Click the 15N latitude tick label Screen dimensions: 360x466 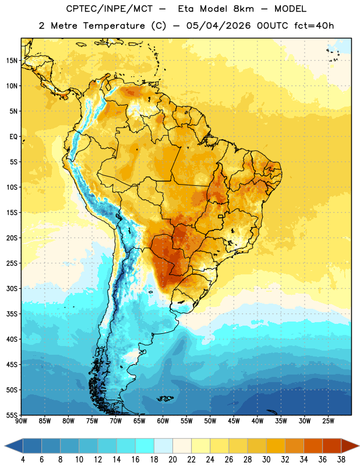click(x=12, y=61)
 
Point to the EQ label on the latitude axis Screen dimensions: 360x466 click(x=13, y=137)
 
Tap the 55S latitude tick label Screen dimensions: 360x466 click(x=12, y=415)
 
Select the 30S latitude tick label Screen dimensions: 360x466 click(x=12, y=288)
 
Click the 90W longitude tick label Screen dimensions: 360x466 click(x=21, y=421)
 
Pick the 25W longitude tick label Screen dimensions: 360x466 click(x=328, y=421)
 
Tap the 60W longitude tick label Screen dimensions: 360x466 click(x=163, y=421)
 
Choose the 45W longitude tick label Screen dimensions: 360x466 click(x=234, y=421)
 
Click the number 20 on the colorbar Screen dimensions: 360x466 click(x=172, y=460)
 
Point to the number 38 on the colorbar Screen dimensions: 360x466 click(x=341, y=460)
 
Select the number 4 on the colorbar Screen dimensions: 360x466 click(x=23, y=460)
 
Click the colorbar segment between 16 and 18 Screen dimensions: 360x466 click(x=145, y=446)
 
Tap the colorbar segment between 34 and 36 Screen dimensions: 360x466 click(x=313, y=446)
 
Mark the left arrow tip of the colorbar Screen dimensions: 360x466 click(x=5, y=446)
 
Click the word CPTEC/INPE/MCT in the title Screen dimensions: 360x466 click(x=110, y=9)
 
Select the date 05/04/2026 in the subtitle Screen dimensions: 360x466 click(x=218, y=26)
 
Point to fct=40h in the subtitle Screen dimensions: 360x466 click(x=314, y=26)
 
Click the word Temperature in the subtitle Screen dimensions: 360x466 click(x=114, y=26)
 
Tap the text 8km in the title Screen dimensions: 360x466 click(x=243, y=9)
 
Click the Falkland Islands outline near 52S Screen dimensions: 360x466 click(x=165, y=398)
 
